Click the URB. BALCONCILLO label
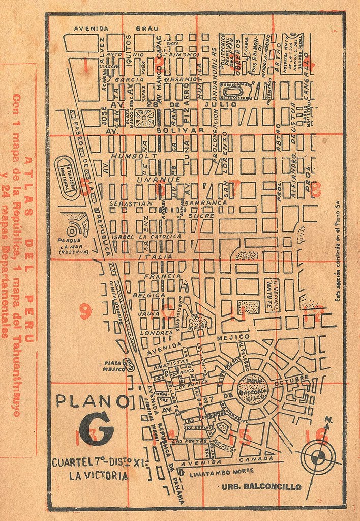click(x=261, y=487)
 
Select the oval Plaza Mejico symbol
click(x=129, y=364)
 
